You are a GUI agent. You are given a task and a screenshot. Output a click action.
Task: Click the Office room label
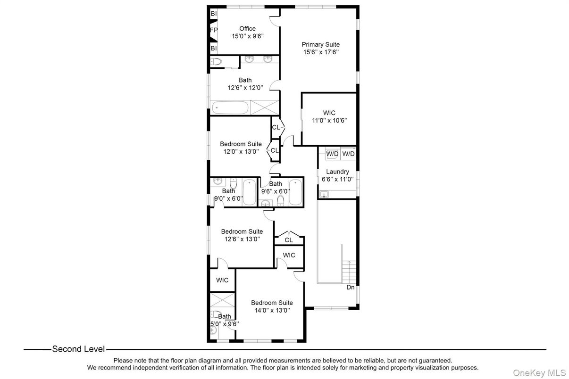[x=247, y=29]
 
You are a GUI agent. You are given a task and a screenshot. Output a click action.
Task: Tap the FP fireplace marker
[x=214, y=30]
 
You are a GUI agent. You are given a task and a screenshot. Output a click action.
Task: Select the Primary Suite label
[x=320, y=45]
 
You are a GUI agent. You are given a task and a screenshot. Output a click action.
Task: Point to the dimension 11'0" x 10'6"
[x=329, y=121]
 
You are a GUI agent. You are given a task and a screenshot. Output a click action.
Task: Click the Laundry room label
[x=337, y=172]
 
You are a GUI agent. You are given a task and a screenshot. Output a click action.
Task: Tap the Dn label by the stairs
[x=350, y=287]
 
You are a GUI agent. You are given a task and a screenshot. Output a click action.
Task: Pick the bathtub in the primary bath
[x=230, y=108]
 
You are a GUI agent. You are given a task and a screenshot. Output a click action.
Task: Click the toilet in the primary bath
[x=217, y=61]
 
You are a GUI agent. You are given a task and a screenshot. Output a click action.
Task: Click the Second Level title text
[x=78, y=349]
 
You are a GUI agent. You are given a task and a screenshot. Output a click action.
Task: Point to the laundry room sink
[x=325, y=194]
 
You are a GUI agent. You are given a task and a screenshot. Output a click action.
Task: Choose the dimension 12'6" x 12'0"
[x=245, y=88]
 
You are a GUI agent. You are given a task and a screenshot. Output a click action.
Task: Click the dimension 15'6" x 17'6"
[x=320, y=52]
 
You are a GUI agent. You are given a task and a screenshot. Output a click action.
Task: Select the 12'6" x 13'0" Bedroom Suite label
[x=242, y=231]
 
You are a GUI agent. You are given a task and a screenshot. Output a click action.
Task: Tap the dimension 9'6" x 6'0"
[x=276, y=192]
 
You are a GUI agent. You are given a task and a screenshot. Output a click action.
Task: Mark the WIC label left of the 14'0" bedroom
[x=222, y=280]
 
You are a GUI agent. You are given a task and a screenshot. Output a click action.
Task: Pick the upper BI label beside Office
[x=214, y=14]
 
